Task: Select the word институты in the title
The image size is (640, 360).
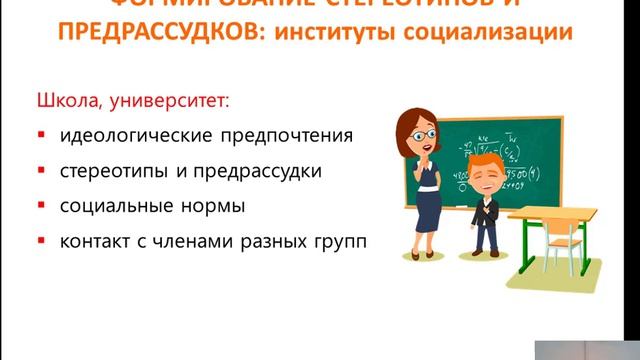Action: click(x=351, y=33)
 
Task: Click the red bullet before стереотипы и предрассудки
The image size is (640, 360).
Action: click(x=41, y=171)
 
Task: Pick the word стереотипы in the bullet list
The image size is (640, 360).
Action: click(x=110, y=171)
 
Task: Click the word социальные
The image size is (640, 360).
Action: click(x=108, y=207)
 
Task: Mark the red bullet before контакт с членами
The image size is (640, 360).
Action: click(x=41, y=243)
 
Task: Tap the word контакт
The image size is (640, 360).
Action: click(x=94, y=243)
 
